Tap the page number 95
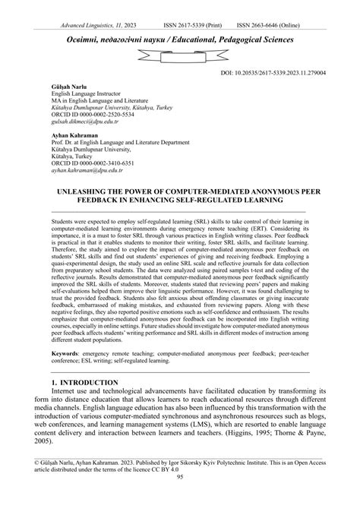pyautogui.click(x=180, y=499)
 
